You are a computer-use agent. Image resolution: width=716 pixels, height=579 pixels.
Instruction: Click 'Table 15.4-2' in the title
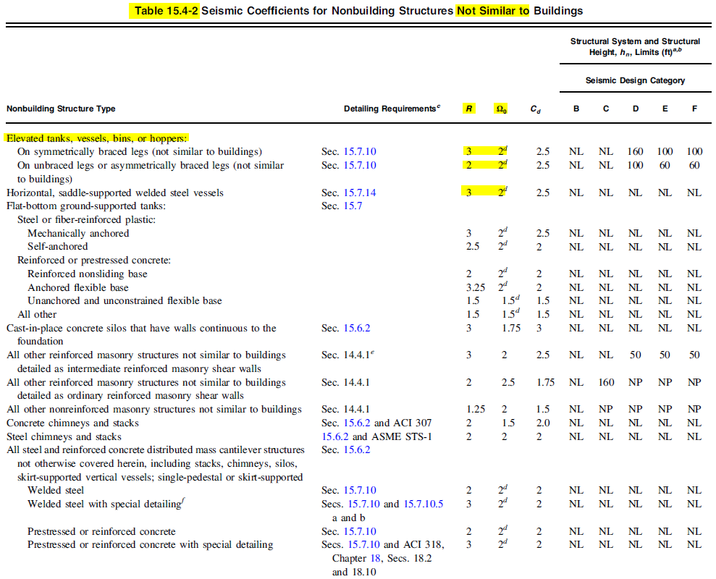(167, 11)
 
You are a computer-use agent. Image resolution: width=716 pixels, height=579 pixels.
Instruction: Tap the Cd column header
(535, 109)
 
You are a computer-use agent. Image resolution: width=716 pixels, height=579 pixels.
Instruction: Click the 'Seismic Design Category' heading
(635, 80)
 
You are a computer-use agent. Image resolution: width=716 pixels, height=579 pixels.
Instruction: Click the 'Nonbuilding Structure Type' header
(61, 109)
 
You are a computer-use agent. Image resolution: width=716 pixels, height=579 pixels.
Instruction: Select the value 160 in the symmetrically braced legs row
(635, 152)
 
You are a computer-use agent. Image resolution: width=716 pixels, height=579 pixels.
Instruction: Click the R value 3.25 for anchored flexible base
(473, 287)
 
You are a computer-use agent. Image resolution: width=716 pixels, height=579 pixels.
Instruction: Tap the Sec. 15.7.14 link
(349, 193)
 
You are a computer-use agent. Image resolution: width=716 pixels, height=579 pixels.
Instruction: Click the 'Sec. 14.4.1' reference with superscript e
(346, 355)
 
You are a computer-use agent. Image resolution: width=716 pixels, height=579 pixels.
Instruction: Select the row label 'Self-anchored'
(57, 247)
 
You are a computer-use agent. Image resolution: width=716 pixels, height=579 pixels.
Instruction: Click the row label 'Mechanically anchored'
(78, 234)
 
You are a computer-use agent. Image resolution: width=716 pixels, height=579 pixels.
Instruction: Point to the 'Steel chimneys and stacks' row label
(64, 436)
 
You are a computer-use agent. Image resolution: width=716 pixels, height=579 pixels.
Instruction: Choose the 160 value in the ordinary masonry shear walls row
(606, 382)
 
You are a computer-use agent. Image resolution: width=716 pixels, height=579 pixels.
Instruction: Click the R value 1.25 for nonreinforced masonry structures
(473, 410)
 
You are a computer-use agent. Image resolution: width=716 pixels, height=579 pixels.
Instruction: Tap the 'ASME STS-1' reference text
(402, 436)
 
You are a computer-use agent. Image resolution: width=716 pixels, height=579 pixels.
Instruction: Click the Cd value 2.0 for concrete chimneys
(543, 423)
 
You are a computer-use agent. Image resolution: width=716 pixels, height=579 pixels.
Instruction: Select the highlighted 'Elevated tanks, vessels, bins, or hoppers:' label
(96, 138)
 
